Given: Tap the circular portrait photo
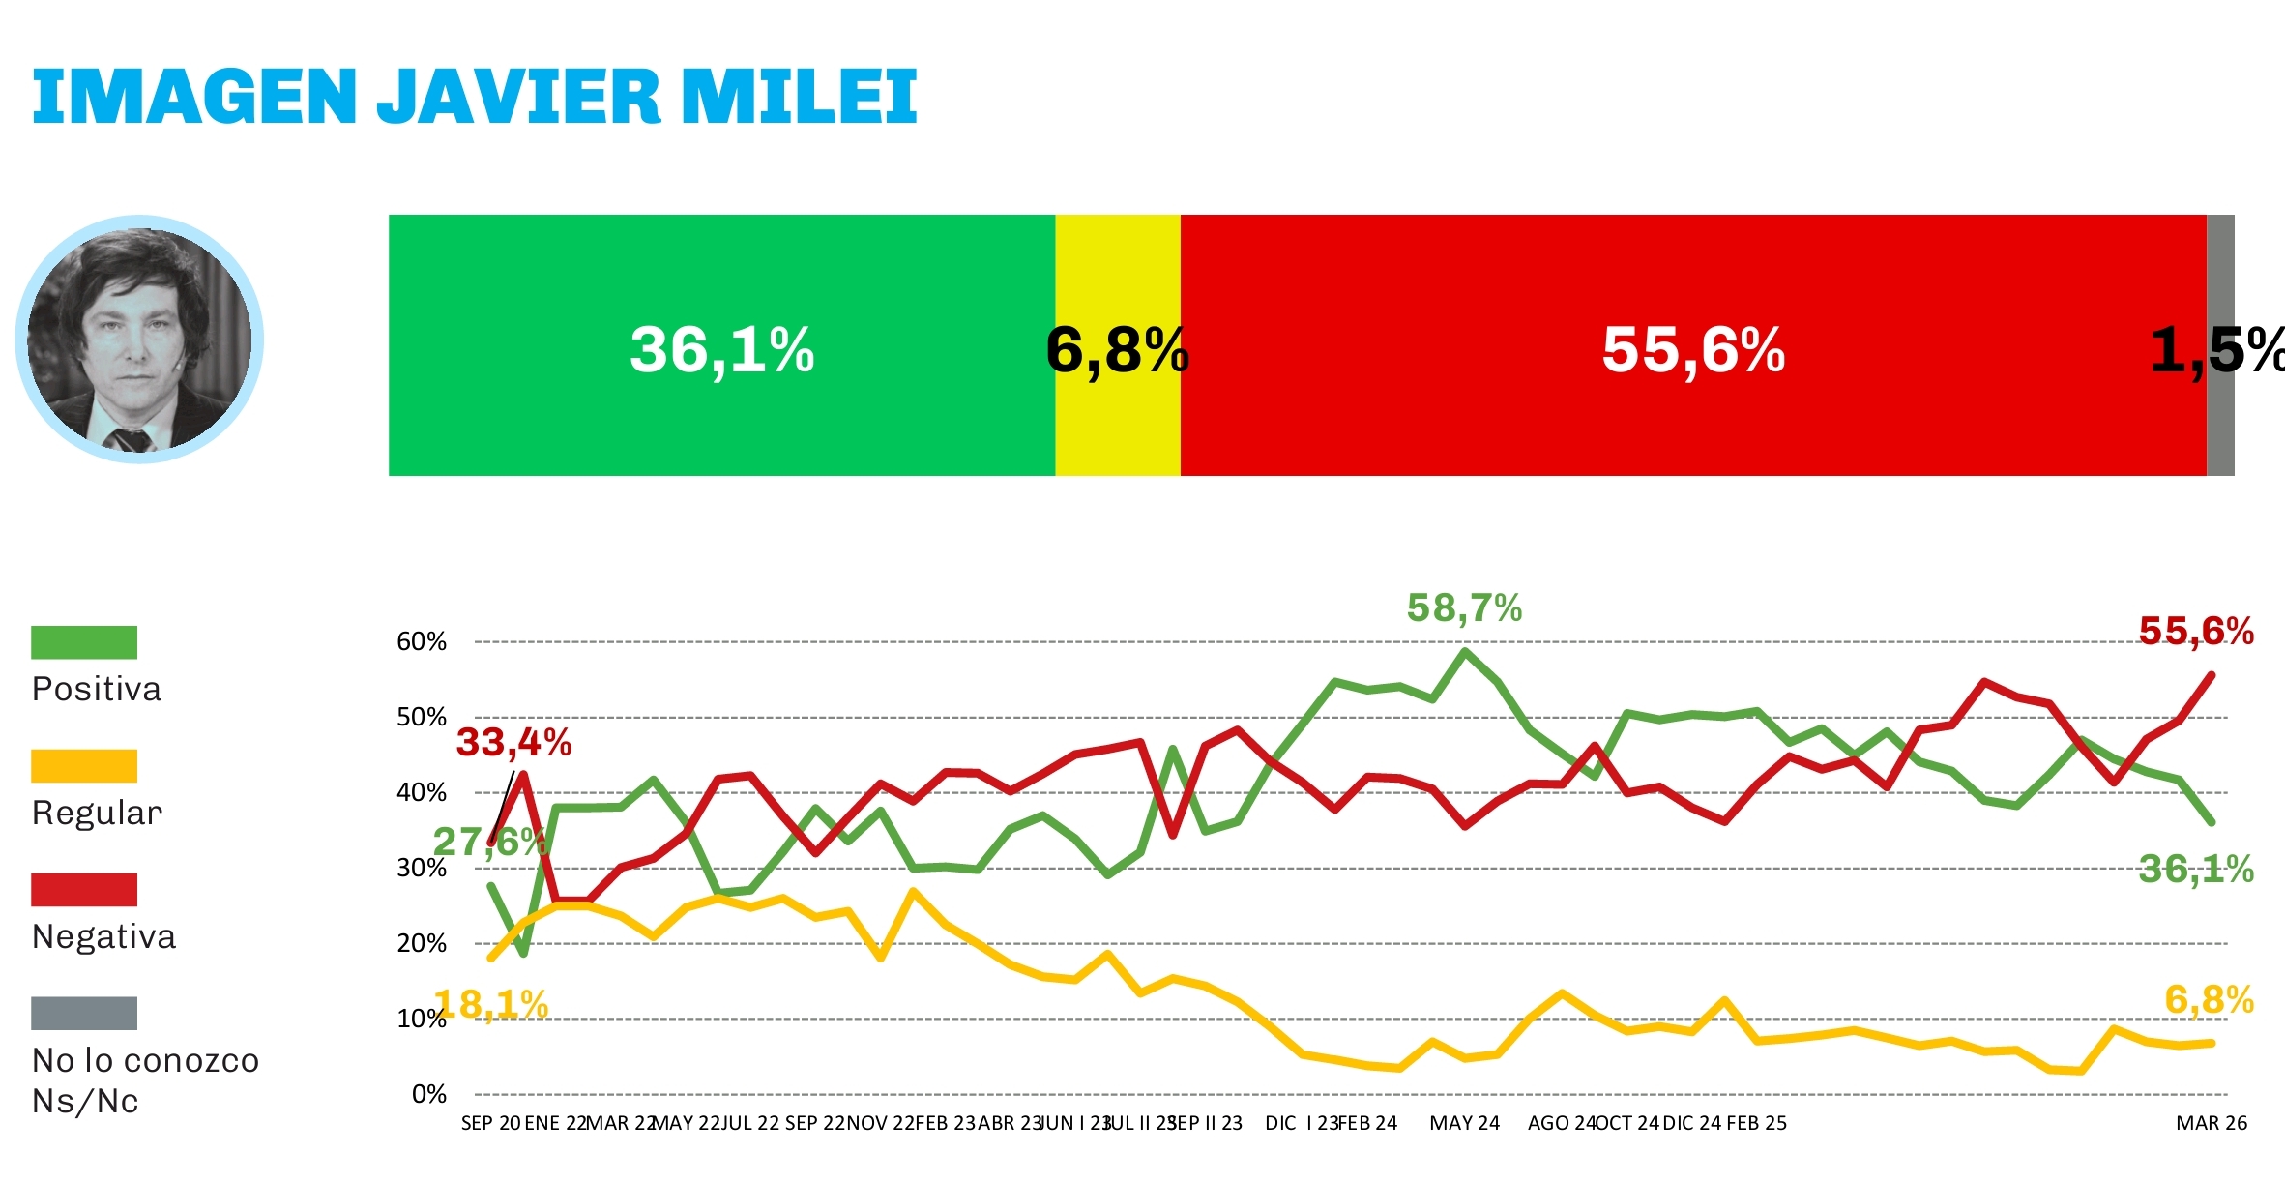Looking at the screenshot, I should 139,340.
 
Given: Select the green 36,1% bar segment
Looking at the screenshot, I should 721,345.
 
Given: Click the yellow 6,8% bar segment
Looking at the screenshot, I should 1117,345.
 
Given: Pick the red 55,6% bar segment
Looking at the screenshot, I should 1692,345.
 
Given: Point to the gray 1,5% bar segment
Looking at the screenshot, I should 2220,345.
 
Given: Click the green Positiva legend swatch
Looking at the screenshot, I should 84,642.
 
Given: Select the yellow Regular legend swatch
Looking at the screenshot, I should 84,766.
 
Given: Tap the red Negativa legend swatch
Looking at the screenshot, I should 84,890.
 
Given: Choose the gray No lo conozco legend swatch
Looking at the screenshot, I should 84,1014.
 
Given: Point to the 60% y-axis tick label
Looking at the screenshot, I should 422,642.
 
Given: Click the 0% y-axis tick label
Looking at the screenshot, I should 429,1094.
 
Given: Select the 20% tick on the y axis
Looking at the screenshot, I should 422,943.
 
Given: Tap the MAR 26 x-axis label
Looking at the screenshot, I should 2212,1123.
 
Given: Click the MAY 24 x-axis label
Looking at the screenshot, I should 1464,1123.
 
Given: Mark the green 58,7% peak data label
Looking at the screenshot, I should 1464,608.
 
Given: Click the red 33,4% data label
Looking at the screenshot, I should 513,743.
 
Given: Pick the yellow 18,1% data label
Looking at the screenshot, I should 491,1005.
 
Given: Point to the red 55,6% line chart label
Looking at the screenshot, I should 2196,632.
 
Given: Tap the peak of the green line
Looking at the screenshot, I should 1465,651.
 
